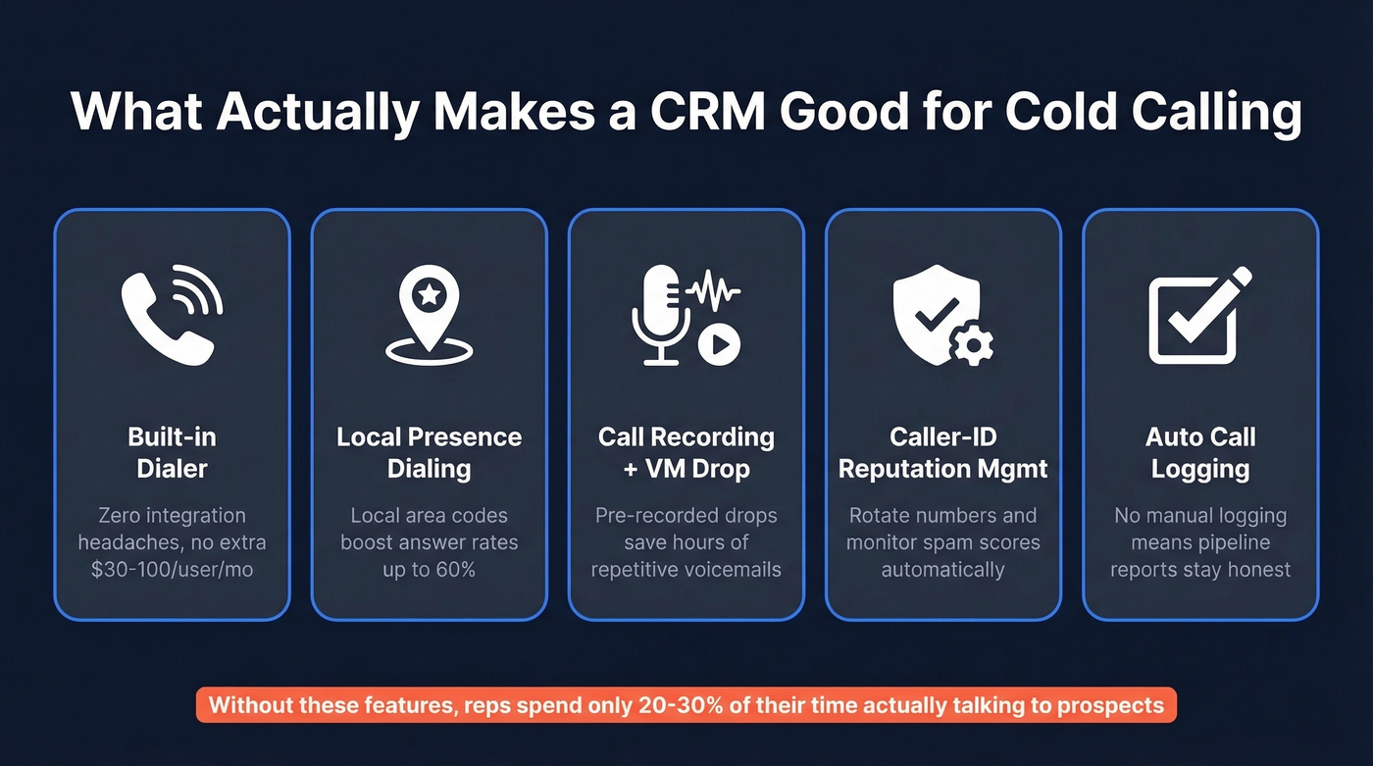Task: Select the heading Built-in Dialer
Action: point(172,452)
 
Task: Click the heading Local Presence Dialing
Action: point(429,452)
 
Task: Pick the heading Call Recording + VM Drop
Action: point(686,452)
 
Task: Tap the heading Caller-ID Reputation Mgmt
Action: point(942,452)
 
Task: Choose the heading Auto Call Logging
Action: point(1200,452)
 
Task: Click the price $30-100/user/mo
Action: point(172,569)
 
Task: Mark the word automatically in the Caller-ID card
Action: point(942,569)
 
